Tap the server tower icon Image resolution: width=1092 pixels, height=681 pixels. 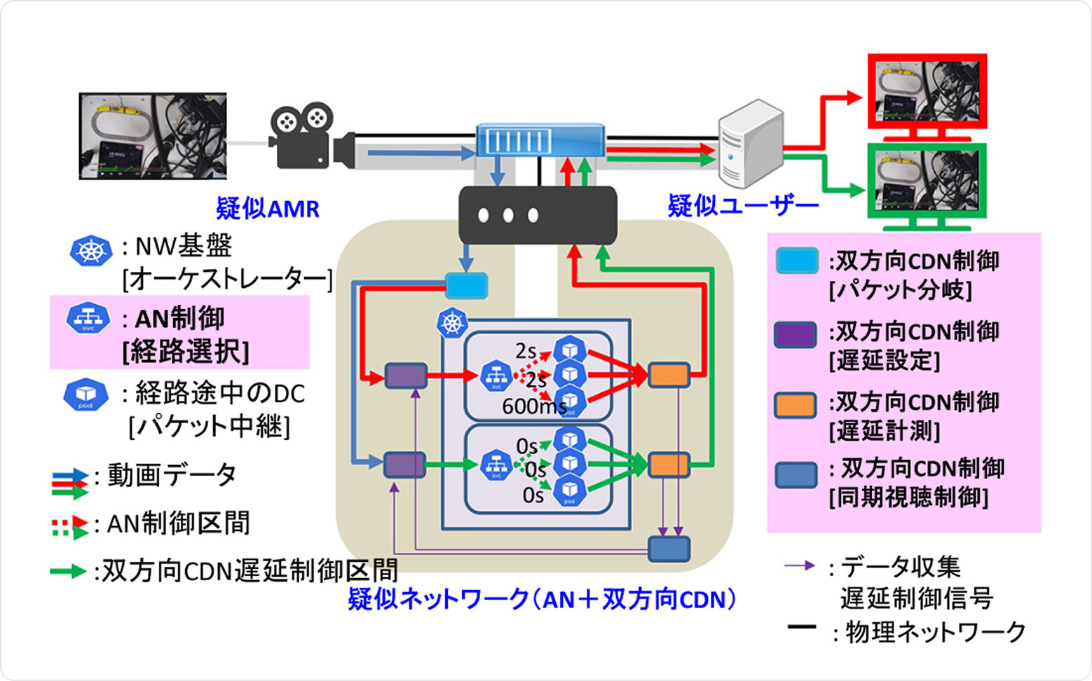click(750, 140)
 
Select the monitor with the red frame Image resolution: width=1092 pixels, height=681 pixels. click(927, 92)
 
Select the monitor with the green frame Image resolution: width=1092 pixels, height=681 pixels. click(927, 182)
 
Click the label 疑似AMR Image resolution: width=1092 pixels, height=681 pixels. click(267, 208)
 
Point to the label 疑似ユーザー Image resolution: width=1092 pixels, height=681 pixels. click(743, 206)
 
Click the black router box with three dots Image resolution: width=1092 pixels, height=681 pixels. click(538, 214)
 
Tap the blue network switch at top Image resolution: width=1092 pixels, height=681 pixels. click(540, 140)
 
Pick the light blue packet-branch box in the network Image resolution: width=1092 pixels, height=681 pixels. click(467, 285)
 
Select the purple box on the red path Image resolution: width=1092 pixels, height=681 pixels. click(406, 376)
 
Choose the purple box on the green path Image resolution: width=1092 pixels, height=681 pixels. click(404, 465)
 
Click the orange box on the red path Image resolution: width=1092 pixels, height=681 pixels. click(669, 376)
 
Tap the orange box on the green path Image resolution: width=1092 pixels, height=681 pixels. click(669, 465)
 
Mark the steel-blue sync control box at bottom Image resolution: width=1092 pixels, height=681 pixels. click(669, 549)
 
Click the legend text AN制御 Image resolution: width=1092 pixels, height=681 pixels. click(179, 319)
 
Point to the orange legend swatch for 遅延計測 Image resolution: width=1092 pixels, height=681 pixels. click(796, 405)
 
